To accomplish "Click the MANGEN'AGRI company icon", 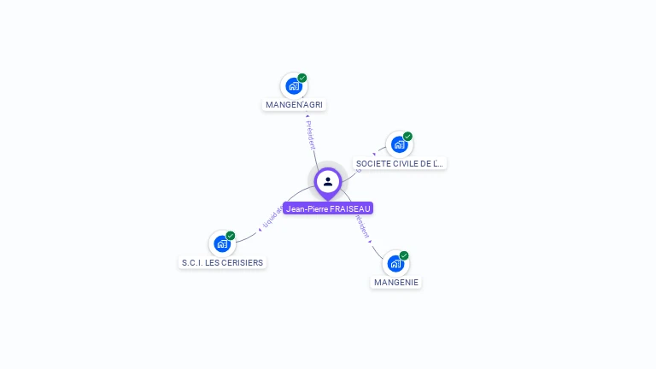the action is tap(294, 86).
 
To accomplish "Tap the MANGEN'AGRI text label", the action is tap(296, 105).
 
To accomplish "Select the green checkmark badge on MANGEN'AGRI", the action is tap(302, 78).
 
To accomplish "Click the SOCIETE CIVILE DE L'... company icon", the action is tap(399, 144).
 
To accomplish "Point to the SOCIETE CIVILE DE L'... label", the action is tap(401, 163).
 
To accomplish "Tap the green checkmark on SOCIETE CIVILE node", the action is tap(407, 137).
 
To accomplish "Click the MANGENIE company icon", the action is tap(395, 264).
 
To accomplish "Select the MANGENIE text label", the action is tap(397, 282).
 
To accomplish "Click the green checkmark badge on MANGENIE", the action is tap(404, 255).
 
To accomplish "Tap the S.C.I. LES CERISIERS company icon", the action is tap(222, 244).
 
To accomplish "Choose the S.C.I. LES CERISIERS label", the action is tap(222, 263).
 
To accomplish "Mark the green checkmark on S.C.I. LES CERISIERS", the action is tap(231, 236).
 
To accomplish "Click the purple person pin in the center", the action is tap(328, 182).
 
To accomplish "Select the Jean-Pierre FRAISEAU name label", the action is tap(329, 208).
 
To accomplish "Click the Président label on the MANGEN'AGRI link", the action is tap(311, 135).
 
